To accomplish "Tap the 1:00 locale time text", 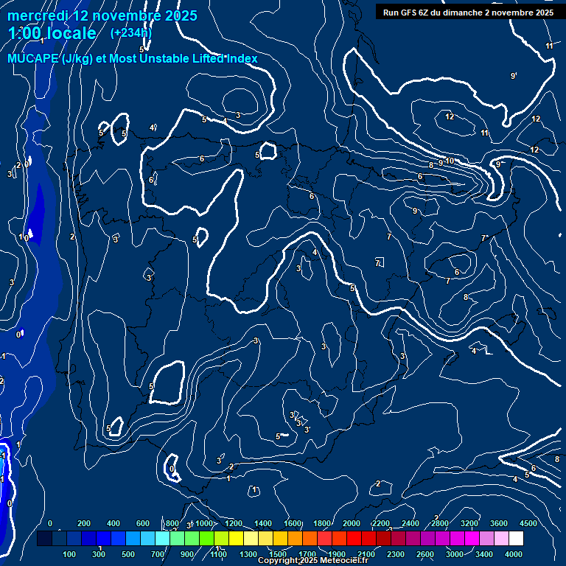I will (52, 33).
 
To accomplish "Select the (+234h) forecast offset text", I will (131, 33).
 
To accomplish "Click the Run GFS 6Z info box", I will (468, 13).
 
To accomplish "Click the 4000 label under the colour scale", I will (514, 553).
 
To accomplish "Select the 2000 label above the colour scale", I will (351, 523).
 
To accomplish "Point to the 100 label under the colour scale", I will (70, 553).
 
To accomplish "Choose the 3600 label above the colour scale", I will (499, 523).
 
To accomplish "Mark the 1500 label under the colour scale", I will (279, 553).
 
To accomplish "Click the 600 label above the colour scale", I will (144, 523).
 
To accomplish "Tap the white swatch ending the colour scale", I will (517, 539).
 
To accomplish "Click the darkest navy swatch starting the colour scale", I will (44, 539).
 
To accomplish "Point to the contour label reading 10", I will (450, 161).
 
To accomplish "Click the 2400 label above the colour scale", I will (410, 523).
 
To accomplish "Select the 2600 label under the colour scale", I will (426, 553).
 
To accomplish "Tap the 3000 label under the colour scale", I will (455, 553).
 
